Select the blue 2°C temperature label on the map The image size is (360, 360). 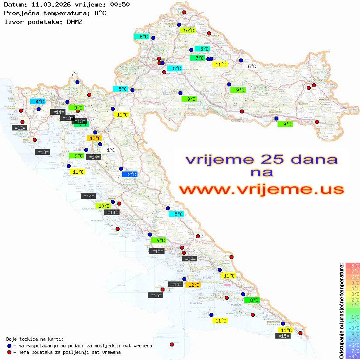pos(130,174)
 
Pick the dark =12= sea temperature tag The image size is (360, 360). pos(20,127)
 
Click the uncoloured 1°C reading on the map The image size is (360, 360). pos(111,150)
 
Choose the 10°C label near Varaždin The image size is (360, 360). pos(189,31)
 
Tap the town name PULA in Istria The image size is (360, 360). pos(27,140)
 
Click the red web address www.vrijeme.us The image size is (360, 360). pos(261,189)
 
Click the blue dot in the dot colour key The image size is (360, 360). pos(9,346)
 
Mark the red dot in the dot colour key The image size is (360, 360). pos(9,352)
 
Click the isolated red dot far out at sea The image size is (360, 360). pos(171,344)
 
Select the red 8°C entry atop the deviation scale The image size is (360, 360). pos(353,265)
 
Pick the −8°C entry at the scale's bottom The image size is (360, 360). pos(353,356)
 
